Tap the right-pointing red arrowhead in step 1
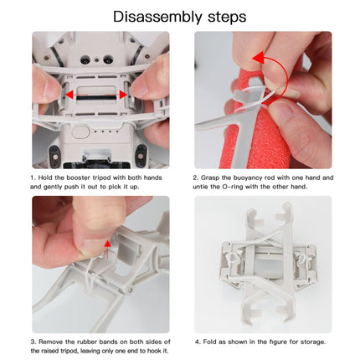[124, 95]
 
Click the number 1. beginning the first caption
[33, 177]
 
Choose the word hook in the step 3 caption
[157, 351]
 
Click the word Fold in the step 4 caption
[212, 342]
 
